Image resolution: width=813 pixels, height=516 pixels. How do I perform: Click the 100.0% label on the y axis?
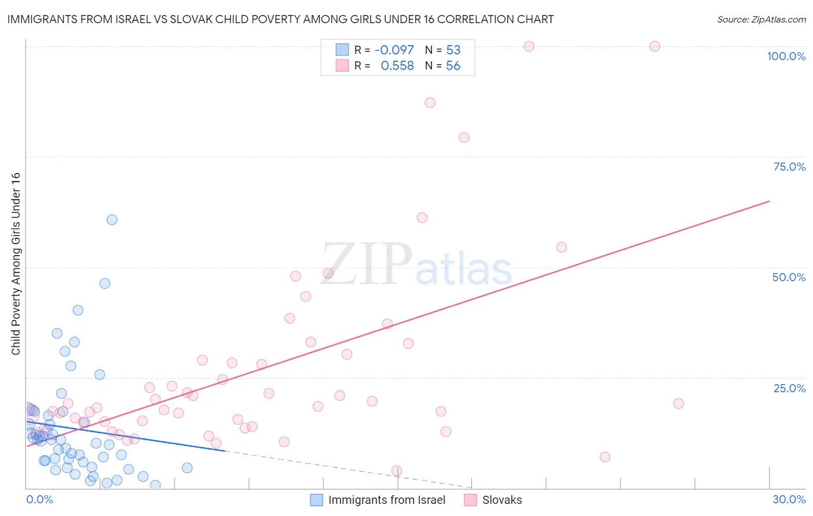tap(786, 56)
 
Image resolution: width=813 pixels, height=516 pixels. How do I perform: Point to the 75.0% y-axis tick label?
tap(789, 167)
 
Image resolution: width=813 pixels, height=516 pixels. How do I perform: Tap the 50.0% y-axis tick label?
tap(789, 277)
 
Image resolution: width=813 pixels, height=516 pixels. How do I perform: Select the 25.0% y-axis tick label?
tap(789, 388)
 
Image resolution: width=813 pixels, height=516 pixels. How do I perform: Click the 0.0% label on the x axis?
tap(39, 499)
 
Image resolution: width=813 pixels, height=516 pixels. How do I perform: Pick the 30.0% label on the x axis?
tap(789, 499)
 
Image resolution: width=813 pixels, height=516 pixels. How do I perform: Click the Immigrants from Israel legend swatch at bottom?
tap(316, 500)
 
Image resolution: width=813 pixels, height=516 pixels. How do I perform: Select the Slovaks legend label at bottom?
tap(502, 500)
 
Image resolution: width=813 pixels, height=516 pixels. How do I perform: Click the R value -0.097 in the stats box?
tap(394, 50)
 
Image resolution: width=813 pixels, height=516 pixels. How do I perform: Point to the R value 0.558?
tap(397, 66)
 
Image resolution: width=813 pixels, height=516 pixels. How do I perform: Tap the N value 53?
tap(453, 50)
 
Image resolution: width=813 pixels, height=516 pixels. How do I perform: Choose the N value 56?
tap(453, 66)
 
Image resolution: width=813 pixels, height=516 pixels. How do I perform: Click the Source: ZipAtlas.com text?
tap(761, 19)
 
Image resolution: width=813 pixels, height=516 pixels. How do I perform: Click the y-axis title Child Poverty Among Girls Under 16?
tap(16, 264)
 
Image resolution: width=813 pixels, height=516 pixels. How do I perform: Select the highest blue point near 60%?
tap(112, 220)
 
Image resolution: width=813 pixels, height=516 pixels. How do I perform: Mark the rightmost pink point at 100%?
tap(655, 46)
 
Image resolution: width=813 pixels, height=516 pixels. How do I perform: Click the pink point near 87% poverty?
tap(430, 103)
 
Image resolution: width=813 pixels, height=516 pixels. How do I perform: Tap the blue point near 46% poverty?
tap(105, 283)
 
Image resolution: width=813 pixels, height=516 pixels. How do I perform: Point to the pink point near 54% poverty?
tap(561, 248)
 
